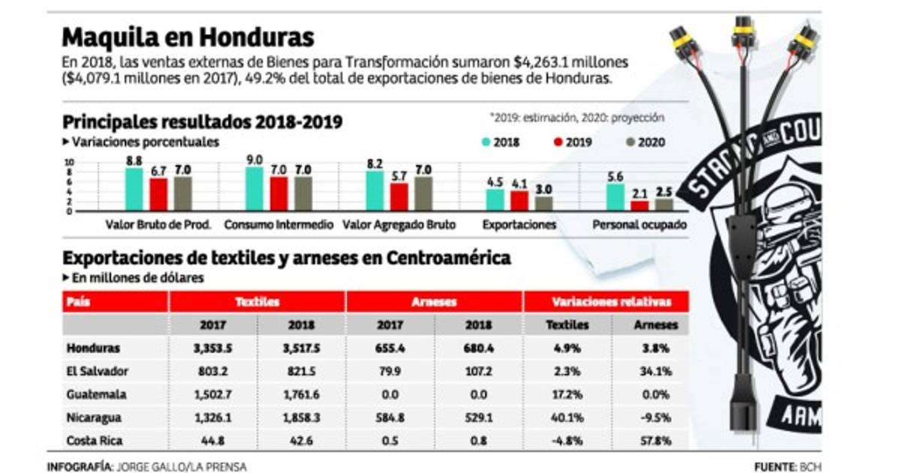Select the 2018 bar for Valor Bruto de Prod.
134,189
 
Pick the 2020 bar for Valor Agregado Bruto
422,194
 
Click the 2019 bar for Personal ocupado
639,205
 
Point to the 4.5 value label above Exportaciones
494,181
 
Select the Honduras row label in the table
94,348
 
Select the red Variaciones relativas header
610,302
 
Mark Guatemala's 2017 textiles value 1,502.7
212,393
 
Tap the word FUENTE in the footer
774,466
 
